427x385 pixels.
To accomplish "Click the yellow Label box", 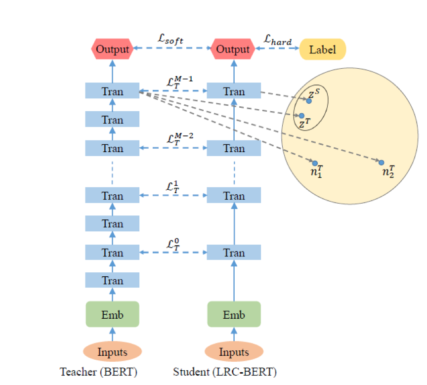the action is coord(323,49).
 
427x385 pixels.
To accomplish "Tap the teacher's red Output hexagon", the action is coord(112,49).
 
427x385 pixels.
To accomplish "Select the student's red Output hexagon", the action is coord(233,49).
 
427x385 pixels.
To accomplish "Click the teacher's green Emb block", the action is coord(113,314).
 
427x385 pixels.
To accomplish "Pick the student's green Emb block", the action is coord(234,314).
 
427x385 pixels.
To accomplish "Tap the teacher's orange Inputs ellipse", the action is coord(113,351).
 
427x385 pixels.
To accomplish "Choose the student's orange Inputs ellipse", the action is coord(234,351).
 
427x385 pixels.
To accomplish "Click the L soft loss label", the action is coord(171,39).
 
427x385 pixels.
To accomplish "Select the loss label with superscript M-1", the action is coord(180,82).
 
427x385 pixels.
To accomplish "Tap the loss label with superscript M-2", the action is coord(180,138).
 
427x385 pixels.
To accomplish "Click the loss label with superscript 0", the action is coord(173,244).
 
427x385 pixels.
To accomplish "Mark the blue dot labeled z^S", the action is coord(309,101).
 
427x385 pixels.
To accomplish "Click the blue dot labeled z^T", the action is coord(302,116).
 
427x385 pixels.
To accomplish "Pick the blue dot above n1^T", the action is coord(315,164).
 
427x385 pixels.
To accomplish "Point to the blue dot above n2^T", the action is coord(382,163).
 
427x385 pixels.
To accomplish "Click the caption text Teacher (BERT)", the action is coord(98,372).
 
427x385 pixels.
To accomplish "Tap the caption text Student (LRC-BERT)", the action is coord(225,372).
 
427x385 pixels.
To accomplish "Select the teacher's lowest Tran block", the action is coord(112,280).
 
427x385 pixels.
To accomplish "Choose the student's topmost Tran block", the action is coord(234,90).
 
